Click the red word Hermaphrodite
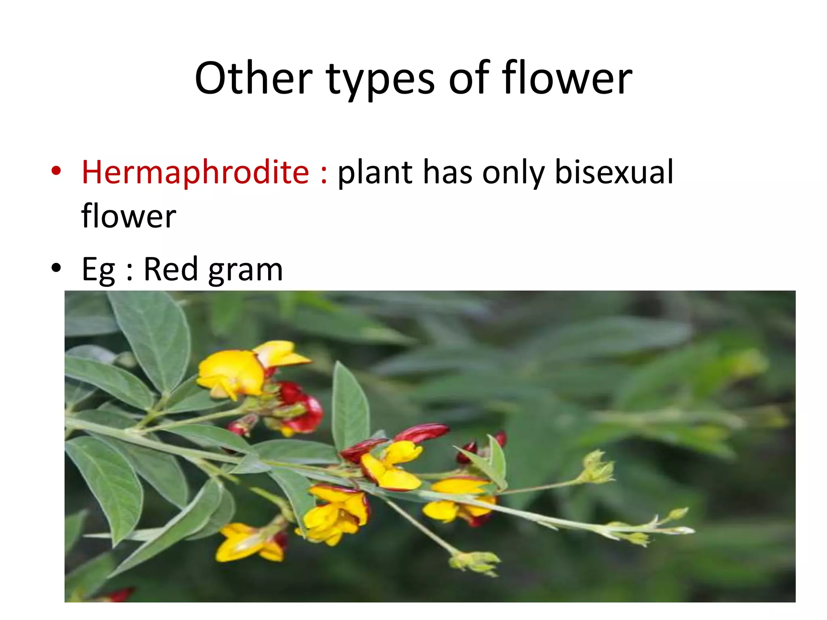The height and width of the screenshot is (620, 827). [195, 172]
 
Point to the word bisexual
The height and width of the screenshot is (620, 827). [614, 172]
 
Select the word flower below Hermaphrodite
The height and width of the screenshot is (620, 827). [128, 216]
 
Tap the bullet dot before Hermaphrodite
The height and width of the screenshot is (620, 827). [56, 170]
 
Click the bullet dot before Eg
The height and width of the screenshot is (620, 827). [56, 267]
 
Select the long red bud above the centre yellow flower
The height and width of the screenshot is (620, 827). [422, 432]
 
